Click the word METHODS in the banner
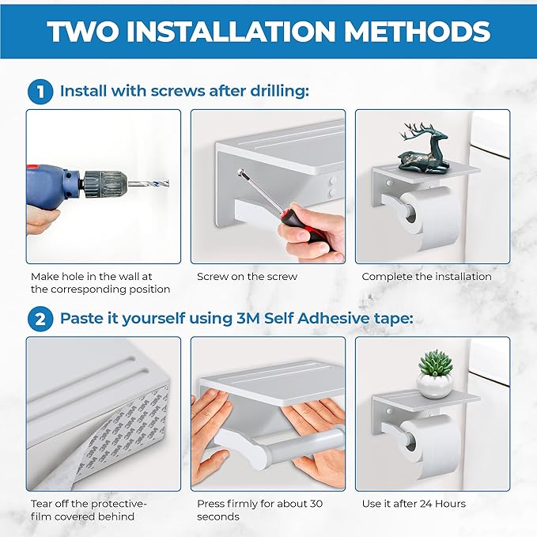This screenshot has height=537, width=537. [x=417, y=32]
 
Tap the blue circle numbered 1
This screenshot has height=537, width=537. [x=40, y=92]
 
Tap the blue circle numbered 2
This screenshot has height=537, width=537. [x=40, y=320]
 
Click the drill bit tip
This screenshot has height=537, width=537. [x=168, y=183]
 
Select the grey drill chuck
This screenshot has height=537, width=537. [x=105, y=184]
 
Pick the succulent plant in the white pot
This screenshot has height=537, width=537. [x=435, y=374]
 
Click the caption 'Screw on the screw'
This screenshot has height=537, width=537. [x=247, y=276]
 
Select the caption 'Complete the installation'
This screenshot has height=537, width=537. [x=426, y=276]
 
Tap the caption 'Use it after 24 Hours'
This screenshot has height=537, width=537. [x=414, y=504]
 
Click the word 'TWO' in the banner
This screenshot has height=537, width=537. [x=83, y=32]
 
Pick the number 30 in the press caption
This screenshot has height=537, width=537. [x=316, y=504]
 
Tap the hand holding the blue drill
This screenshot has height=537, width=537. [x=42, y=221]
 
